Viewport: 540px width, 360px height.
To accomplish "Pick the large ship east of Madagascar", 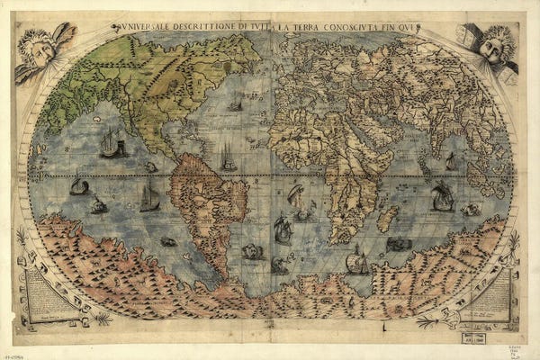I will tap(442, 196).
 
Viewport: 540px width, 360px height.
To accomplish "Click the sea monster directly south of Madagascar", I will tap(399, 244).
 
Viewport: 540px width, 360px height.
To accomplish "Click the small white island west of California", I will tap(96, 118).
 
